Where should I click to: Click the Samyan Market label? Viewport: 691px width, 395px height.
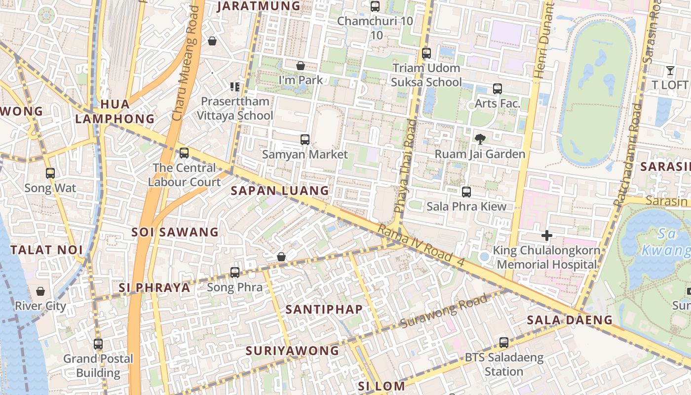coord(305,154)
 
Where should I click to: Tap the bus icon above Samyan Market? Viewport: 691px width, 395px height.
coord(305,140)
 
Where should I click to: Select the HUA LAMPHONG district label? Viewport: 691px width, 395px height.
coord(115,112)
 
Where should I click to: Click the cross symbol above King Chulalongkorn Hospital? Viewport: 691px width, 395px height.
coord(546,236)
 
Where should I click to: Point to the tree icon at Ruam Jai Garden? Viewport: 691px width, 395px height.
coord(479,139)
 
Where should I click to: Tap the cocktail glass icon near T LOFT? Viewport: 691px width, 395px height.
coord(670,71)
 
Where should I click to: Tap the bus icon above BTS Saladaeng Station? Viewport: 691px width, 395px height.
coord(503,342)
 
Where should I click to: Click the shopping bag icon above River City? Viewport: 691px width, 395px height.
coord(40,291)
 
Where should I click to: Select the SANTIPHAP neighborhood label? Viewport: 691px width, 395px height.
coord(324,310)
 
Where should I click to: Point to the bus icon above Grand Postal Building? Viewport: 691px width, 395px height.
coord(98,344)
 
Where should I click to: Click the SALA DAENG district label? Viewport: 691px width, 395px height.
coord(570,320)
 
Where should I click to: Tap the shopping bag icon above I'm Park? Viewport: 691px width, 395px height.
coord(300,66)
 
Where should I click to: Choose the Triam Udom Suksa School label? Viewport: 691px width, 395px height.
coord(426,75)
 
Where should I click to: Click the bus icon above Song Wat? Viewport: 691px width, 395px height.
coord(50,173)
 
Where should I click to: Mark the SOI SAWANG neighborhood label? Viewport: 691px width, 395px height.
coord(175,232)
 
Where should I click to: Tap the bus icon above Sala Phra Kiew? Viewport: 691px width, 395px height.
coord(466,192)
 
